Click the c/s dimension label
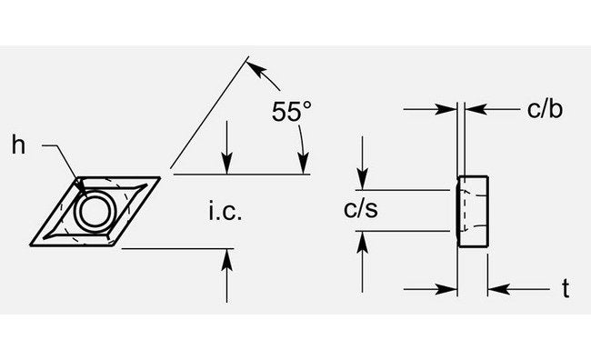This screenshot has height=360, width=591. [361, 210]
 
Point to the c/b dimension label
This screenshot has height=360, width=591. [545, 109]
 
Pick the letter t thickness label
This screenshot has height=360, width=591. [565, 290]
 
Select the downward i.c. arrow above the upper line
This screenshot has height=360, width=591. [226, 163]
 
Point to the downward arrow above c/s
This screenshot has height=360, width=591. [363, 180]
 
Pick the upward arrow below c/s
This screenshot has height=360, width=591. [363, 240]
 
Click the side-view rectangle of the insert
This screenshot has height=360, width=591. [472, 211]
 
